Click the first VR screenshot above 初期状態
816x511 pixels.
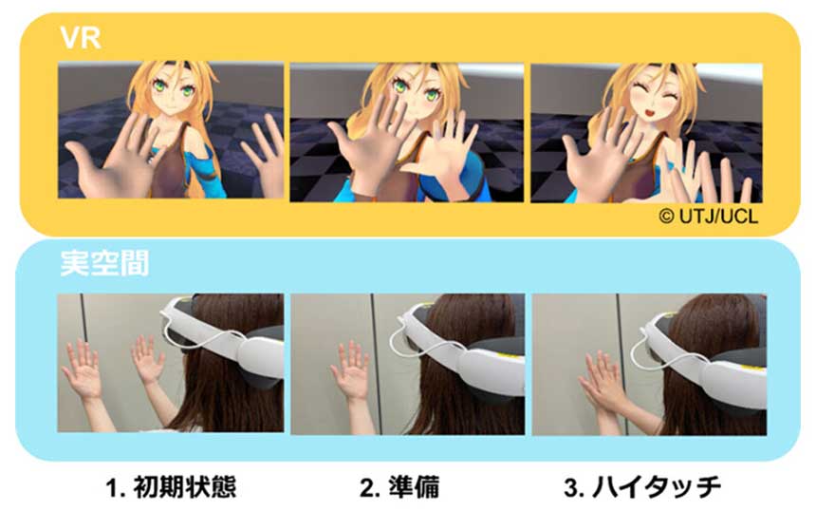click(170, 131)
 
